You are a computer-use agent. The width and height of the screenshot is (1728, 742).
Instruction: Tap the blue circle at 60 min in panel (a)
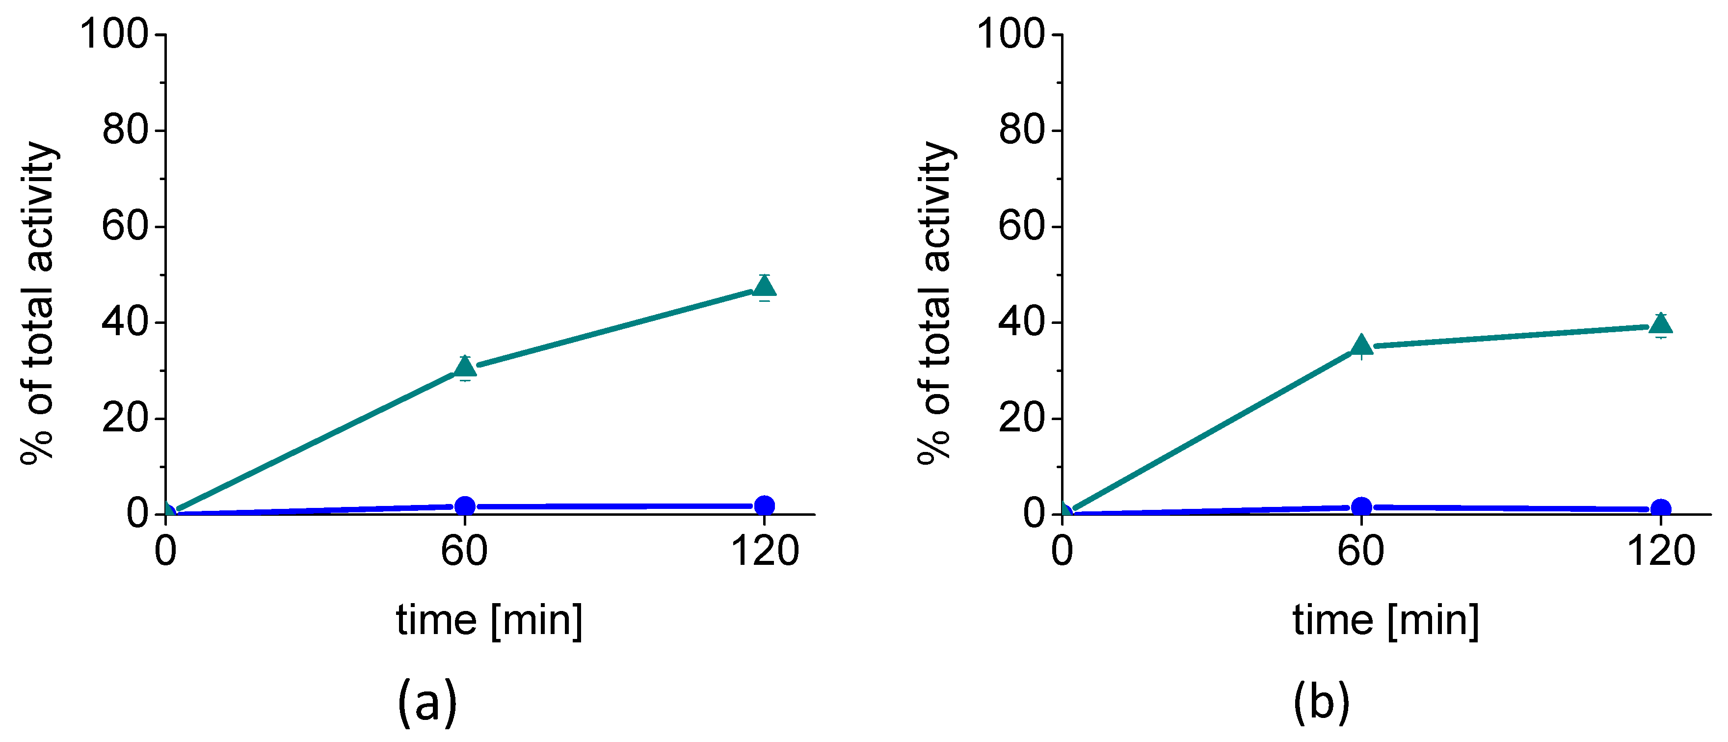pyautogui.click(x=465, y=506)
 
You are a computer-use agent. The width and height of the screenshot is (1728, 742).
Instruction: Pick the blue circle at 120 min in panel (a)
pyautogui.click(x=764, y=505)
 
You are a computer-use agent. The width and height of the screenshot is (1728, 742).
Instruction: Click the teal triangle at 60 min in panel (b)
pyautogui.click(x=1361, y=345)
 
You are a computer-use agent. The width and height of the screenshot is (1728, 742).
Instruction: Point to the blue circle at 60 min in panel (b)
pyautogui.click(x=1361, y=506)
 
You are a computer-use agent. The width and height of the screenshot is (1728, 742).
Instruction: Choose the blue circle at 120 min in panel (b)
pyautogui.click(x=1661, y=508)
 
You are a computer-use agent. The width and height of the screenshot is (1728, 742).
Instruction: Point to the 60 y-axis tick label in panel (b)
pyautogui.click(x=1022, y=226)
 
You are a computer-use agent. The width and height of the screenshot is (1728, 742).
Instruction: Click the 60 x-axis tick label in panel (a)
pyautogui.click(x=464, y=552)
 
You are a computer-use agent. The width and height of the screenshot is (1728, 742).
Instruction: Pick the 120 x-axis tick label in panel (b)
pyautogui.click(x=1661, y=552)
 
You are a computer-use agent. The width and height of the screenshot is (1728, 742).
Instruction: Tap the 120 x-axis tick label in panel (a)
pyautogui.click(x=764, y=552)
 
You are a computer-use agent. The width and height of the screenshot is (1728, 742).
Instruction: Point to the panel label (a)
pyautogui.click(x=427, y=702)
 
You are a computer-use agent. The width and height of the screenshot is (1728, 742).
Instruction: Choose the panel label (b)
pyautogui.click(x=1322, y=702)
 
